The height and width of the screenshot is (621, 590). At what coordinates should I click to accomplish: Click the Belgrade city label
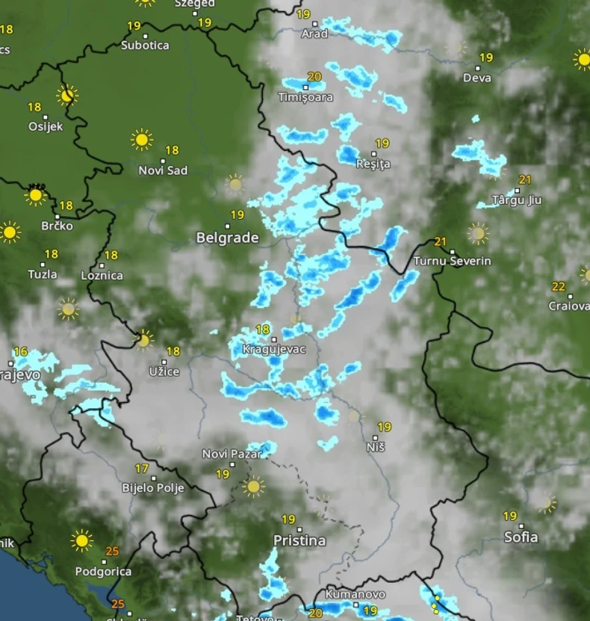(x=227, y=238)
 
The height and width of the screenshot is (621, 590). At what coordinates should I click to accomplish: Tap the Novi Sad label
(x=163, y=170)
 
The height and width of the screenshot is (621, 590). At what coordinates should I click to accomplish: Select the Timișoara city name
(x=305, y=97)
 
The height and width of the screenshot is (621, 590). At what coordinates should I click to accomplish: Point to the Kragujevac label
(x=274, y=349)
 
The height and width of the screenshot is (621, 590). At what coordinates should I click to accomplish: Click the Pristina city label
(x=299, y=540)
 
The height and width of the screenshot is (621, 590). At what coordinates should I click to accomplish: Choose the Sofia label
(x=521, y=537)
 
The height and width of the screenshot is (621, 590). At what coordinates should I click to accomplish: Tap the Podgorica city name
(x=103, y=572)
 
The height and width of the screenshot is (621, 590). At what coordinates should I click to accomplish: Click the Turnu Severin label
(x=453, y=261)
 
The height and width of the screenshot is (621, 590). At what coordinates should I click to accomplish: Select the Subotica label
(x=145, y=45)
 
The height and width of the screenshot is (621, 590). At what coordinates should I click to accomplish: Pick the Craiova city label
(x=569, y=306)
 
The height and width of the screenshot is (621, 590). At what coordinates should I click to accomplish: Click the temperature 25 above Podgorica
(x=112, y=552)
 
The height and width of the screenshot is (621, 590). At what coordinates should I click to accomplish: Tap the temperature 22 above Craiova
(x=558, y=286)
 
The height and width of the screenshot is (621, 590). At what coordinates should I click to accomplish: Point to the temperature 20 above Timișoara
(x=314, y=76)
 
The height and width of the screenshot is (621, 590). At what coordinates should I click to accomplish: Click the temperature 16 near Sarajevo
(x=20, y=351)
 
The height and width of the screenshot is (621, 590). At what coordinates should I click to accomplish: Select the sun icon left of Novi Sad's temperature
(x=141, y=140)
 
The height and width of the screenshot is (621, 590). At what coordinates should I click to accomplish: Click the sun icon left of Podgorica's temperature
(x=81, y=540)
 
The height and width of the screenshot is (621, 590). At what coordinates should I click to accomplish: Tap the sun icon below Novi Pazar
(x=253, y=486)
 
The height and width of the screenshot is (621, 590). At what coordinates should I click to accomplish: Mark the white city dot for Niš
(x=375, y=437)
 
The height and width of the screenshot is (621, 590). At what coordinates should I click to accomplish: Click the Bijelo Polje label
(x=153, y=488)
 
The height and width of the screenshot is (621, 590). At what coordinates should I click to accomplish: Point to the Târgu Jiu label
(x=517, y=200)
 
